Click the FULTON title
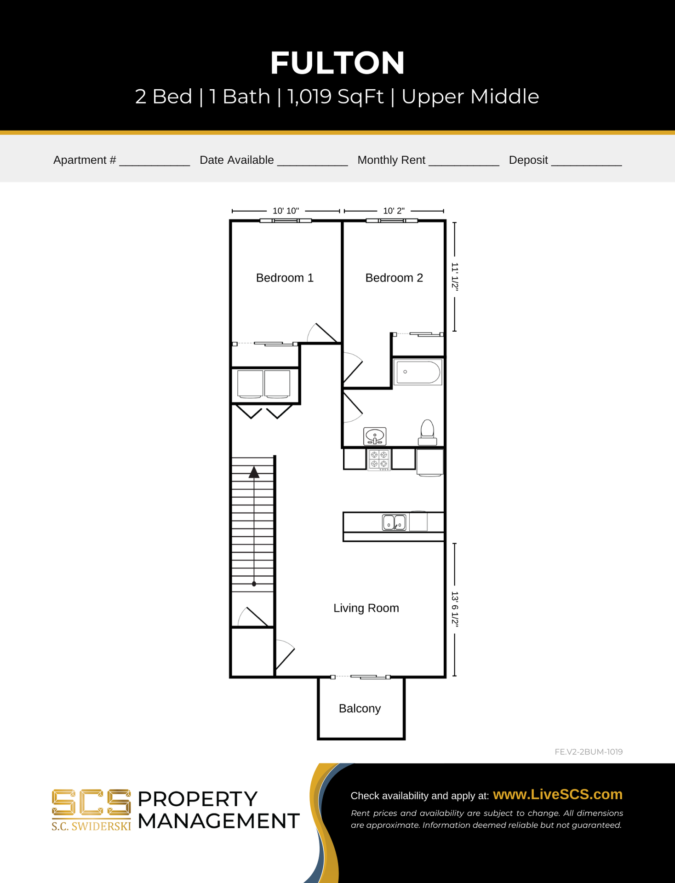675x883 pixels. [337, 63]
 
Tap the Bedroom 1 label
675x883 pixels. [285, 278]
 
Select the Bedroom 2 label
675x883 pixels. [394, 278]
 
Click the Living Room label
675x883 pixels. [366, 608]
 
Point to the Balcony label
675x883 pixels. [360, 709]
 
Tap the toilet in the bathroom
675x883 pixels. [428, 432]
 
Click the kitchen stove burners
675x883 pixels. [379, 459]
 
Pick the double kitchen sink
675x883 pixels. [394, 522]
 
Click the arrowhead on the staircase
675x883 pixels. [254, 472]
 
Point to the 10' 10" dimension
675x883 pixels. [286, 211]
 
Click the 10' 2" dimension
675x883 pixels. [394, 211]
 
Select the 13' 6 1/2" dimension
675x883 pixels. [455, 609]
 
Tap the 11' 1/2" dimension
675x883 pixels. [455, 277]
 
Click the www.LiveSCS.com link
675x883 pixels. [558, 795]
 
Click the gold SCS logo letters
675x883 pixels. [91, 803]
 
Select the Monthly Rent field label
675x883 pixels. [391, 160]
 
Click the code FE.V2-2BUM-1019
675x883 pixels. [589, 752]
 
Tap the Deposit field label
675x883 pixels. [528, 160]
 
